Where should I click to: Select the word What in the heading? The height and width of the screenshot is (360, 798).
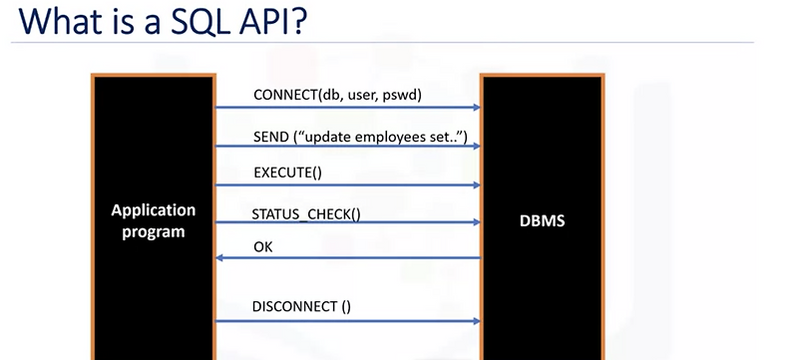click(53, 23)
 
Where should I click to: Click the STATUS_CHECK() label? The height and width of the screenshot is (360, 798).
click(306, 211)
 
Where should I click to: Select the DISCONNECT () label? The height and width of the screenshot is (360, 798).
click(302, 307)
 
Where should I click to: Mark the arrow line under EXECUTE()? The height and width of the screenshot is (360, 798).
click(349, 184)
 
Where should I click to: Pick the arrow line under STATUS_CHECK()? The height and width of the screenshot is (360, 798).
click(349, 222)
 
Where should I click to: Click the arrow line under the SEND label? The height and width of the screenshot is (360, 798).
click(349, 147)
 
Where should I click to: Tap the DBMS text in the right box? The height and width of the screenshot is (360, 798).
click(542, 220)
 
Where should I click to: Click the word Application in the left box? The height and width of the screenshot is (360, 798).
click(154, 211)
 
